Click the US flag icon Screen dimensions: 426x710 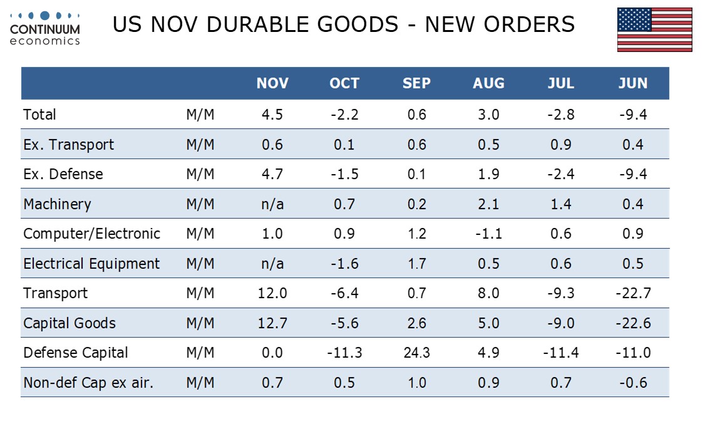point(654,29)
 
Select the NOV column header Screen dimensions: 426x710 point(272,84)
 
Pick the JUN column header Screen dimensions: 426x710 point(633,84)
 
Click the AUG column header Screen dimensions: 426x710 point(488,84)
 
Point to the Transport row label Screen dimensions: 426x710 point(56,293)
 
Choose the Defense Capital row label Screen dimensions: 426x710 point(76,353)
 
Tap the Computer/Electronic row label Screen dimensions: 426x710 point(92,234)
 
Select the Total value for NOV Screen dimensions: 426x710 point(272,115)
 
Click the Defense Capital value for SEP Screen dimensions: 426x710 point(416,353)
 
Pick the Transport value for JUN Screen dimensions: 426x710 point(633,293)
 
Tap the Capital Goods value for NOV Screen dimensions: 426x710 point(272,323)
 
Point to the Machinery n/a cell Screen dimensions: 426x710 point(272,204)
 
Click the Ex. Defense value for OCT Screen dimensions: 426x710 point(344,174)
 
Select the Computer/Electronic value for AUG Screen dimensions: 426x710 point(488,234)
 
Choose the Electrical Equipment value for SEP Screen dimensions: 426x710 point(416,264)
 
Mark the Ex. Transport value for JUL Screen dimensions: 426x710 point(561,145)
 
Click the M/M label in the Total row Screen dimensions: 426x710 point(200,115)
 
